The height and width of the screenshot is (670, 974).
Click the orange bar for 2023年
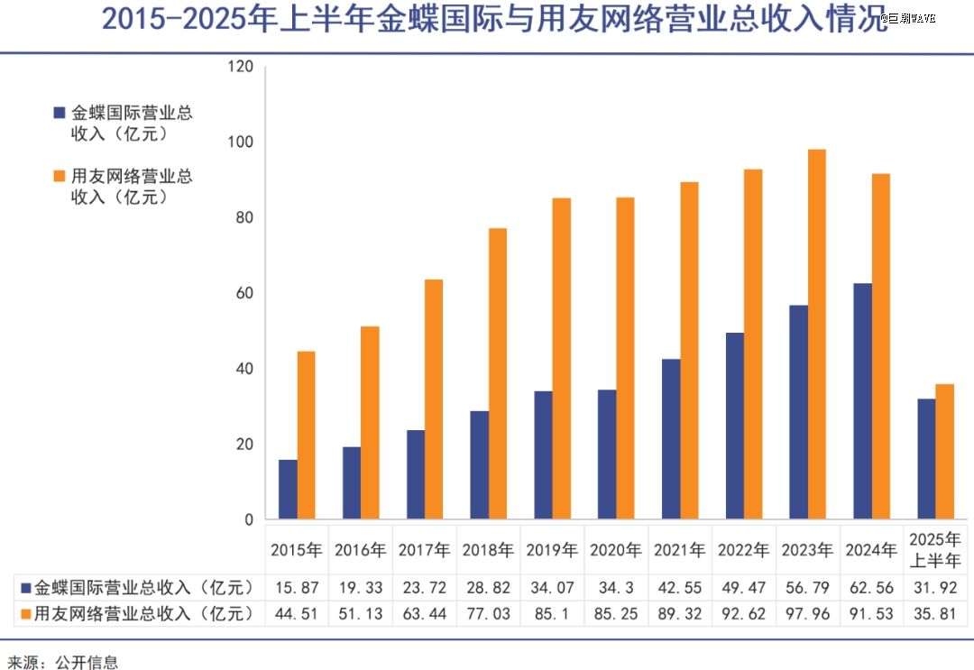tap(817, 335)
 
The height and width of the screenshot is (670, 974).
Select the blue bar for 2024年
tap(862, 402)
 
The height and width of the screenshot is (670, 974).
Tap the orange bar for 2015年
tap(307, 436)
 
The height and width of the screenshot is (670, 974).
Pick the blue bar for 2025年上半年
tap(926, 459)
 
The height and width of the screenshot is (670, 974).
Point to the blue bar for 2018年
tap(480, 465)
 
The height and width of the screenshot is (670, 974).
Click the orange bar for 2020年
tap(625, 359)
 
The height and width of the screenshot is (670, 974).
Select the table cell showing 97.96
tap(807, 614)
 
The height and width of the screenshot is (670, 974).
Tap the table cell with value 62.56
tap(871, 588)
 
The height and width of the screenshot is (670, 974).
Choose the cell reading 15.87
tap(298, 588)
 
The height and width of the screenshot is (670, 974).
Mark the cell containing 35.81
tap(935, 614)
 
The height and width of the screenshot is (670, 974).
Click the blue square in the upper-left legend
tap(60, 114)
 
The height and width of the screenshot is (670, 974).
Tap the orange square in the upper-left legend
tap(60, 176)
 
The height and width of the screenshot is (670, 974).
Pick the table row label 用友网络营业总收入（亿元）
tap(135, 614)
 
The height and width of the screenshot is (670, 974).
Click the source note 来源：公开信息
tap(60, 662)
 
